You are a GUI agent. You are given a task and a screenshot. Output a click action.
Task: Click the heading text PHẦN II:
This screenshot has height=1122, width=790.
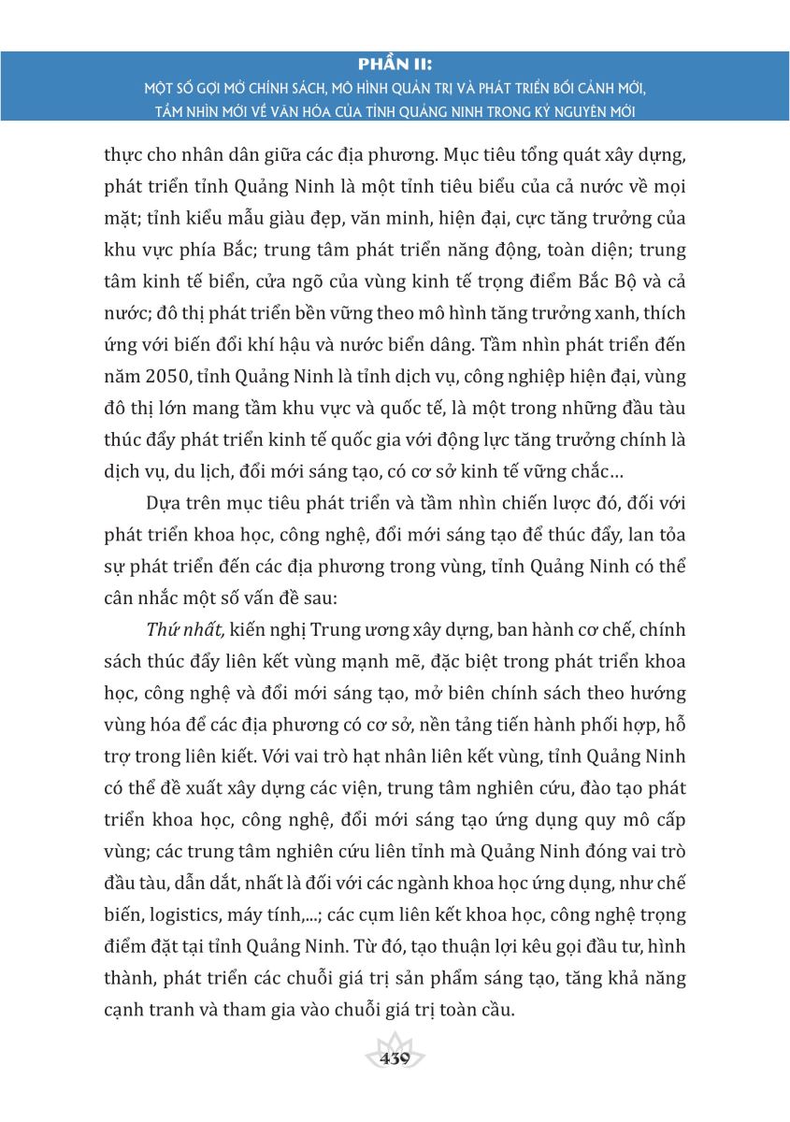pyautogui.click(x=395, y=63)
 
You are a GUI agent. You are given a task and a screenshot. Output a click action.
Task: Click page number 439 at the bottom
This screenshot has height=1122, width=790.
pyautogui.click(x=395, y=1059)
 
